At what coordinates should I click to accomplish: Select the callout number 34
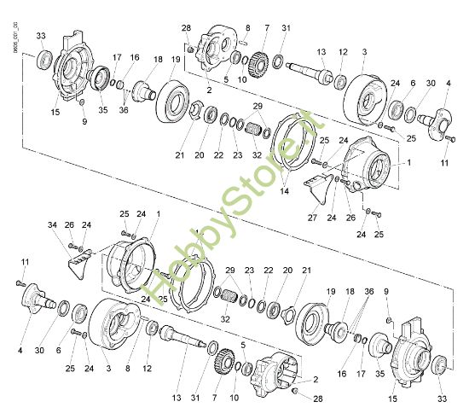(x=52, y=224)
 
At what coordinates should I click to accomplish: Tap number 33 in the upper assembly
(x=41, y=35)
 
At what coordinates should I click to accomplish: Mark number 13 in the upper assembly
(x=323, y=51)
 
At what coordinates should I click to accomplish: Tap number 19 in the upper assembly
(x=176, y=60)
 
